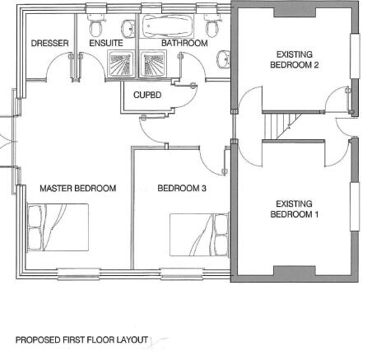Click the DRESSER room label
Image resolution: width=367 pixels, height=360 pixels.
49,43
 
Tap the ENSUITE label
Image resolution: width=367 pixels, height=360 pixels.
106,43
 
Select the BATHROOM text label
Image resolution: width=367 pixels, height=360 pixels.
184,43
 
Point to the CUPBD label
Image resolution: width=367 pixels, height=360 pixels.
147,95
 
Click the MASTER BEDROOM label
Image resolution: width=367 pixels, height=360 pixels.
78,189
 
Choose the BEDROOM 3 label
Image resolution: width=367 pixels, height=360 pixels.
182,189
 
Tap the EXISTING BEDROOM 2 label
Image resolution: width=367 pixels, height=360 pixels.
295,59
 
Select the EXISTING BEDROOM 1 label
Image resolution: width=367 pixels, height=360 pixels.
295,209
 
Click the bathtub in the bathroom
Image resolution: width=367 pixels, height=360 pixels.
166,26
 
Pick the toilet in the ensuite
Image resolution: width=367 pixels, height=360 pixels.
95,26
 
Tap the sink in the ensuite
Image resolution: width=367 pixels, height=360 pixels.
128,28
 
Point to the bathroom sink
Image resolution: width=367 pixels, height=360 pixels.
224,58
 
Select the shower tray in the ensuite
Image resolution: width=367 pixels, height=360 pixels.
121,63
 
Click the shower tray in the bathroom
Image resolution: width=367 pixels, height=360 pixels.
153,63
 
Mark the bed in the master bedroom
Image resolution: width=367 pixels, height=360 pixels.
58,227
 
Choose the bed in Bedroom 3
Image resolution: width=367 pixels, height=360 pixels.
199,235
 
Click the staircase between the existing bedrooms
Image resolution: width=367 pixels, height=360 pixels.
282,126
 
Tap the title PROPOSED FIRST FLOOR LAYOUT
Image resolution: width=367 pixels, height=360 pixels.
81,340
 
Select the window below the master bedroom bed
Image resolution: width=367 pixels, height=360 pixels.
79,274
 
